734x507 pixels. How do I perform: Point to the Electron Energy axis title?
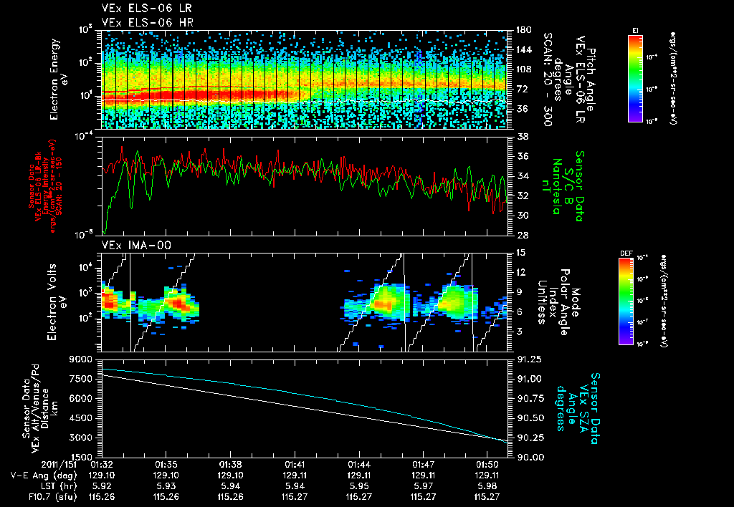(58, 79)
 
